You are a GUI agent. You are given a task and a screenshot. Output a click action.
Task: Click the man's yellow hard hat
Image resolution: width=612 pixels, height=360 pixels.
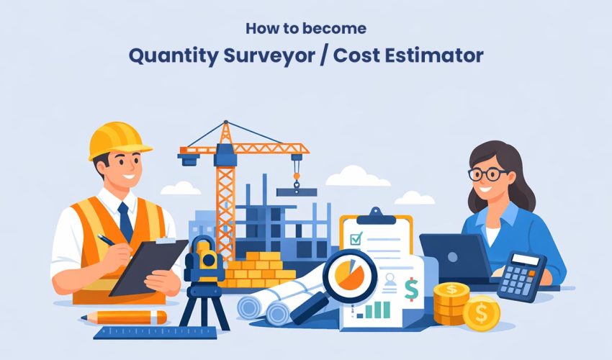coord(117,140)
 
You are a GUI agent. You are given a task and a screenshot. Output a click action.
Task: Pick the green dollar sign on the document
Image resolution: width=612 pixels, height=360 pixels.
coord(411,289)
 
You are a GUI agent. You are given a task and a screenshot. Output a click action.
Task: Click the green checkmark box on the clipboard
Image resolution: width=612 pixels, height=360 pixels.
coord(355,238)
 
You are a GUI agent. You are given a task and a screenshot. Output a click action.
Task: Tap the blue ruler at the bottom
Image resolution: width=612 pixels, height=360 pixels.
coord(155,333)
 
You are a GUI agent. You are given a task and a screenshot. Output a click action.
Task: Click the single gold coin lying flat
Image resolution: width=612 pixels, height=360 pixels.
coord(481,314)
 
